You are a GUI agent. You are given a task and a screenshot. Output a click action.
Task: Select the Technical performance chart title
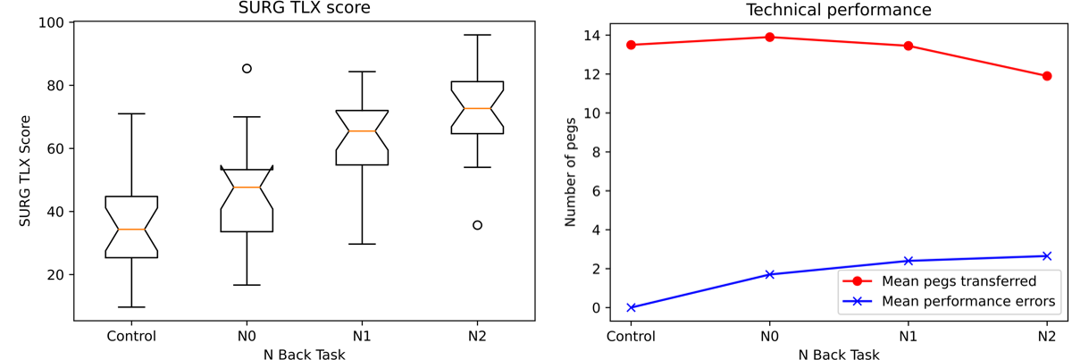839,10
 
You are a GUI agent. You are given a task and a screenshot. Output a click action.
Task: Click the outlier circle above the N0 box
247,68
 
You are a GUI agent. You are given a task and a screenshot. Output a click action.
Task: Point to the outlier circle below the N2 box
477,225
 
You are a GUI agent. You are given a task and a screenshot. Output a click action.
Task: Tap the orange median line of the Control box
131,230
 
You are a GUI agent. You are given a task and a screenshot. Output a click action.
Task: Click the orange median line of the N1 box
362,131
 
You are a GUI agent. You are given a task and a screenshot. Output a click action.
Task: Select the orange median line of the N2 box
477,108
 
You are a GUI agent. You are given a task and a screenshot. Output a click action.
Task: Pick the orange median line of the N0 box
247,187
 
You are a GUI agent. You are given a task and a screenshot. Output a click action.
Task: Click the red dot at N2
1046,76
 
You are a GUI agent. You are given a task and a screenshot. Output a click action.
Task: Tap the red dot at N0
769,37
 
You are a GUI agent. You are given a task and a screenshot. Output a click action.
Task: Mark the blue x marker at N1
908,261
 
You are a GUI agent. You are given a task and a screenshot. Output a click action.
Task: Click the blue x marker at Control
631,307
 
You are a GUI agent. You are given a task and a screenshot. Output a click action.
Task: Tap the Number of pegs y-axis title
571,170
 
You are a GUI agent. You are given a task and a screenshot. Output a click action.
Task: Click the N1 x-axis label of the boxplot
362,337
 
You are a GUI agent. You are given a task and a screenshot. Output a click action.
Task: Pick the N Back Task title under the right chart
839,354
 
